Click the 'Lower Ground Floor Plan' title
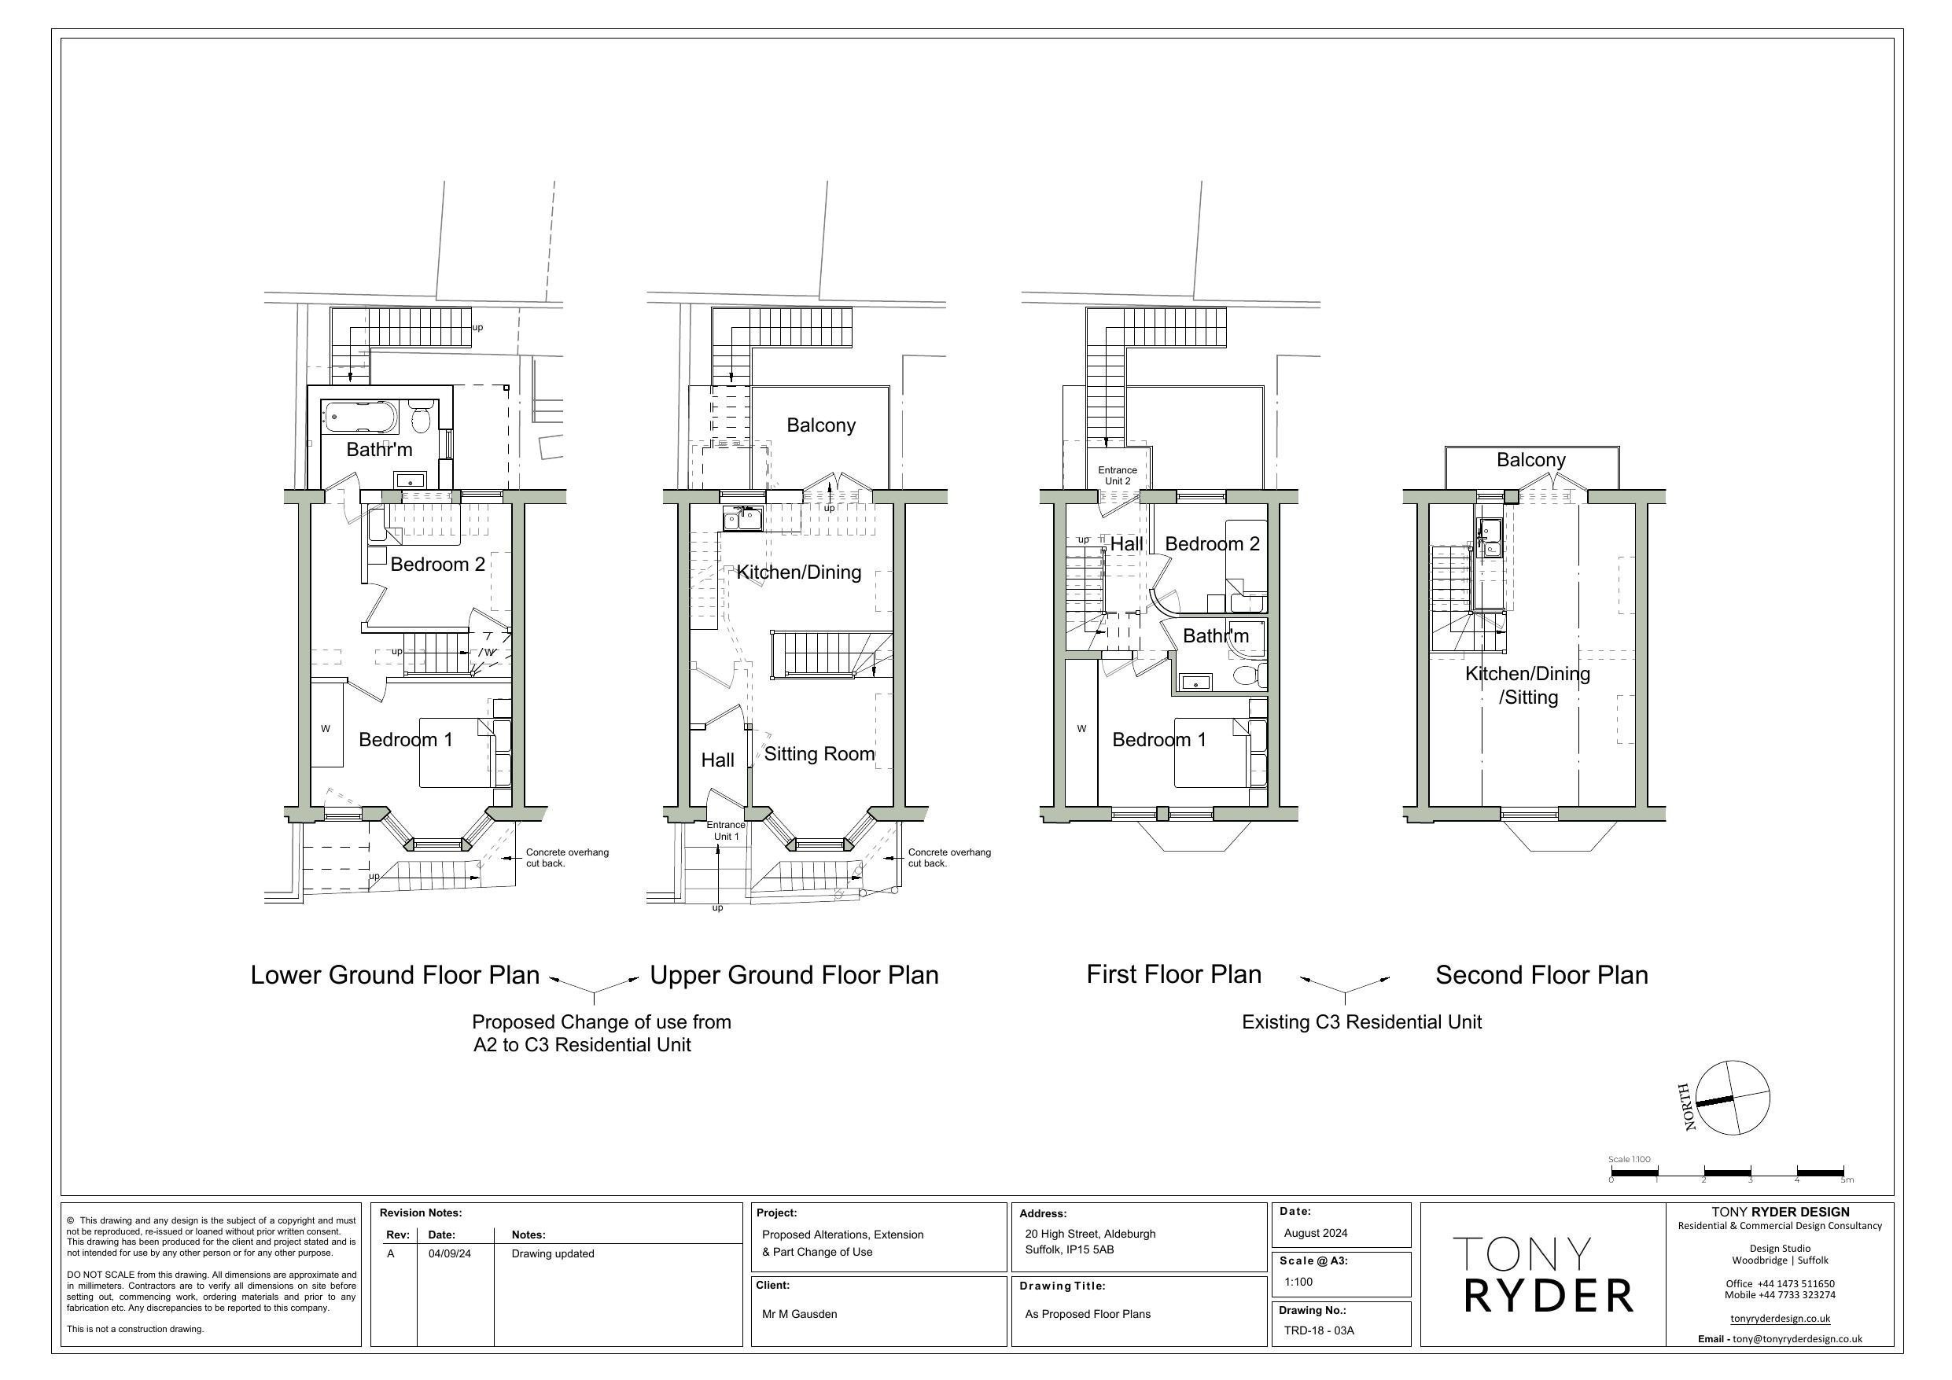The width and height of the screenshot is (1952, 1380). pyautogui.click(x=395, y=975)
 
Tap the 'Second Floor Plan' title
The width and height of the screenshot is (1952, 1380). pyautogui.click(x=1541, y=975)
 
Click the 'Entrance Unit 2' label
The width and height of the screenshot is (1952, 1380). pyautogui.click(x=1117, y=475)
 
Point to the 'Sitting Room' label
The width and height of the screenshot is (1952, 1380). pyautogui.click(x=819, y=754)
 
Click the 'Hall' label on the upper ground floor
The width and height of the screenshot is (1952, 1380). pyautogui.click(x=717, y=760)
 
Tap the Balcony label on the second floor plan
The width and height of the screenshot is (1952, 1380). pyautogui.click(x=1530, y=460)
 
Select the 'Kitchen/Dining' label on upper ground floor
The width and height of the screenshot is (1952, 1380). pyautogui.click(x=798, y=572)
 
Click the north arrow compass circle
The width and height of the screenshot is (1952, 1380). pyautogui.click(x=1732, y=1098)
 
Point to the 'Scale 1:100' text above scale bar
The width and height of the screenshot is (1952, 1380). pyautogui.click(x=1629, y=1159)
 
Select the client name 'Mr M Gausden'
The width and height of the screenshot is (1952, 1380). pyautogui.click(x=799, y=1314)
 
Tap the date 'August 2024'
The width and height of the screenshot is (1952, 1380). pyautogui.click(x=1315, y=1233)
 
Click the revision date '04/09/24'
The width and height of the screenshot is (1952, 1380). pyautogui.click(x=449, y=1253)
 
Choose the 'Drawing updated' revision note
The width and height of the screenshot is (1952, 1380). pyautogui.click(x=553, y=1253)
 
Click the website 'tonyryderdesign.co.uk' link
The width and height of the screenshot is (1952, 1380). pyautogui.click(x=1780, y=1319)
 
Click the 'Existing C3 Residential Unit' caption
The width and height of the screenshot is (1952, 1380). pyautogui.click(x=1361, y=1022)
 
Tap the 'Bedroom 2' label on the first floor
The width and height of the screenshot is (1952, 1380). pyautogui.click(x=1211, y=544)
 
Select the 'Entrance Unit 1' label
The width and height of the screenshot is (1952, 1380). pyautogui.click(x=725, y=830)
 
